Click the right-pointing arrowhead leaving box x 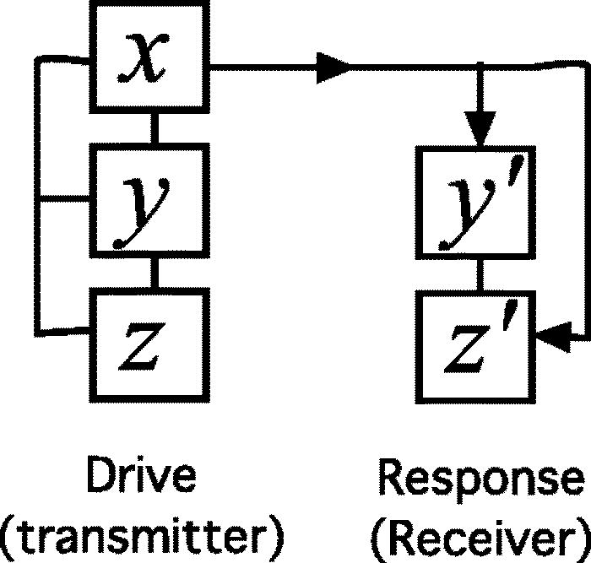click(x=333, y=67)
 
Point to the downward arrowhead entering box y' click(x=480, y=132)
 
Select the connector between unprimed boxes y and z click(x=152, y=270)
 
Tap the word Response click(x=480, y=479)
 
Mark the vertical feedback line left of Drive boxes click(x=36, y=194)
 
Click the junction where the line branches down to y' click(x=480, y=67)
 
